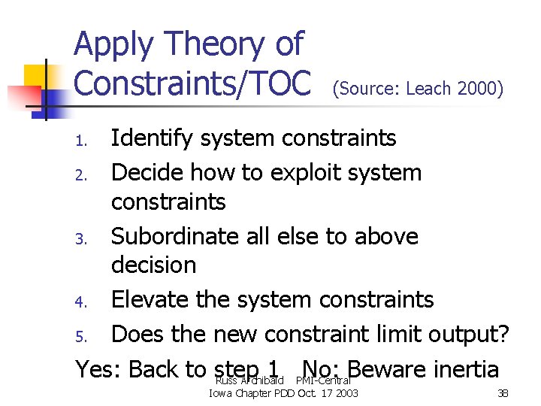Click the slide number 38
coord(503,393)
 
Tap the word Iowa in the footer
coord(221,393)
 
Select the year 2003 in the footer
coord(345,393)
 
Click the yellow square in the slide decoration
coord(35,75)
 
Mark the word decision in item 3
coord(153,265)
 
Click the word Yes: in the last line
coord(98,369)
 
